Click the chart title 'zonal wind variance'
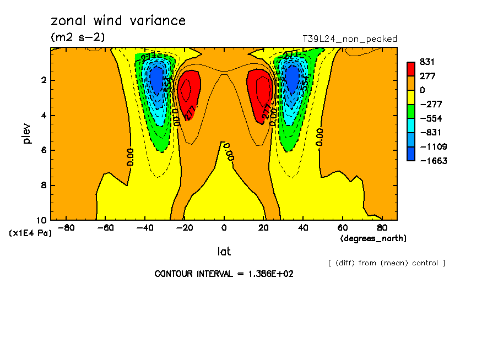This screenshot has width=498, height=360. [118, 21]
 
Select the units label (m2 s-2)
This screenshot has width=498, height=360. [77, 37]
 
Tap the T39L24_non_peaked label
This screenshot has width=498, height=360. [350, 39]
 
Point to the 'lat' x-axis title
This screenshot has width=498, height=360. [224, 252]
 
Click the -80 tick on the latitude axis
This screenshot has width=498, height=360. [66, 227]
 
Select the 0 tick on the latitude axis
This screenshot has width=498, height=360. [224, 227]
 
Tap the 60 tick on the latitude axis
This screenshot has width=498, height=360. [342, 227]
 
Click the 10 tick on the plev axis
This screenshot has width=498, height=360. [43, 220]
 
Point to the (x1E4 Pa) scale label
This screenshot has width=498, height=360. [31, 233]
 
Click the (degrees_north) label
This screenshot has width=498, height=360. [373, 238]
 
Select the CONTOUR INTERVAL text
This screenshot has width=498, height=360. [224, 274]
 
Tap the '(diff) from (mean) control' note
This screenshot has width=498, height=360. [386, 263]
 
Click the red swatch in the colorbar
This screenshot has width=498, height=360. [411, 69]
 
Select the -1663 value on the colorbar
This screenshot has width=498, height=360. [431, 161]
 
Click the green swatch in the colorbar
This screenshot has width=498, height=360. [411, 111]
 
